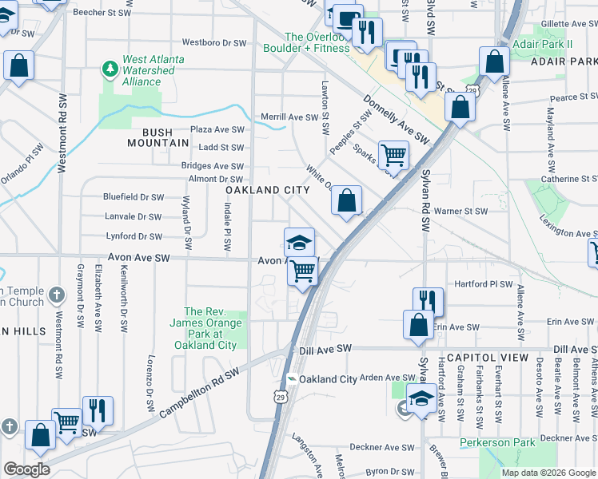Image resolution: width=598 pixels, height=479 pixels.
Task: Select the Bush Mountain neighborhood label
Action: [158, 137]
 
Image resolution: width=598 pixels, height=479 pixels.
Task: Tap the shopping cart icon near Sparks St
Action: [393, 156]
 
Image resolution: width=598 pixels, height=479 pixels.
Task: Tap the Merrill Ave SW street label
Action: [290, 117]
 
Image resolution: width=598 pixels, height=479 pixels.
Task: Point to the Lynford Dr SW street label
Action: [134, 236]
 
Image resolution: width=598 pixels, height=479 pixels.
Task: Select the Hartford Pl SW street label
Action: [483, 283]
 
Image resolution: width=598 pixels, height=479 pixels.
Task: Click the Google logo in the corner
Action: [26, 469]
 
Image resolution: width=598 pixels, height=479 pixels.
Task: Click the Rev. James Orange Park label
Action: [205, 328]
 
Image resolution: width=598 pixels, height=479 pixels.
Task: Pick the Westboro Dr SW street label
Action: [213, 42]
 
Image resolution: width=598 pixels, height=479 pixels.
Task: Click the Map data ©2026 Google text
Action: [548, 473]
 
